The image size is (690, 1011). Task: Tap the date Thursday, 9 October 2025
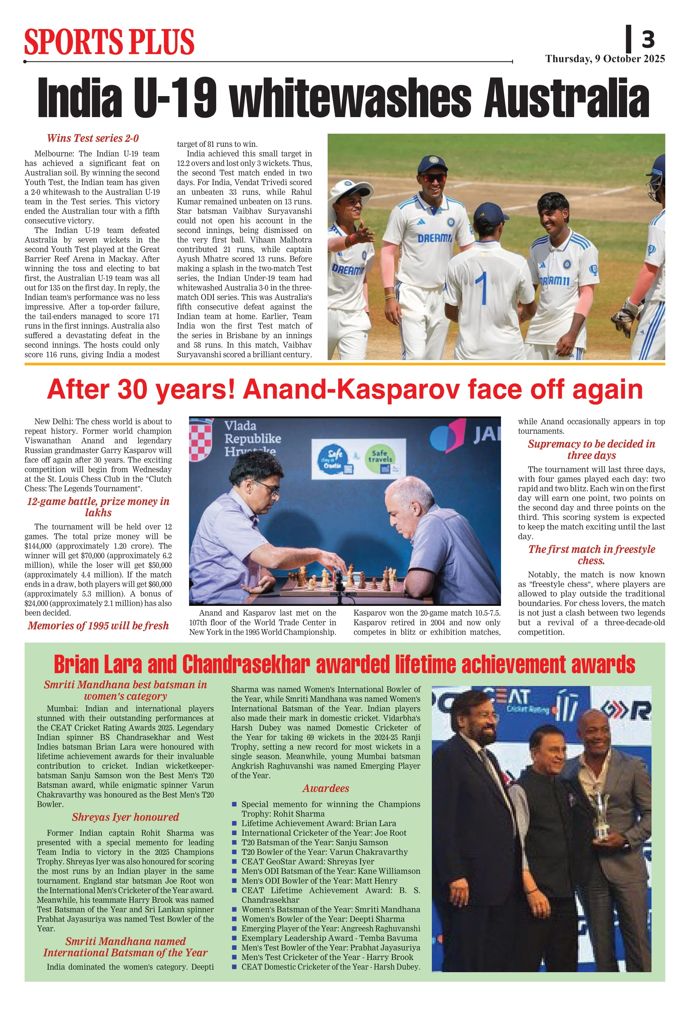pyautogui.click(x=605, y=59)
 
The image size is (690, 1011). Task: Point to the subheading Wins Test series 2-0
pyautogui.click(x=93, y=138)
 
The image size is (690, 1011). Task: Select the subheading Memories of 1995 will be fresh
pyautogui.click(x=98, y=626)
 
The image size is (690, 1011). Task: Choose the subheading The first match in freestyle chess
pyautogui.click(x=591, y=555)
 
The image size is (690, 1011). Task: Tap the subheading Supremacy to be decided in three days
pyautogui.click(x=591, y=449)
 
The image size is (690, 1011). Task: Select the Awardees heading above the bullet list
pyautogui.click(x=326, y=788)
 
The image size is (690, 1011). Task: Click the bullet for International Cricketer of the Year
pyautogui.click(x=234, y=833)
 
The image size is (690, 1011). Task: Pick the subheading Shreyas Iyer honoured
pyautogui.click(x=125, y=817)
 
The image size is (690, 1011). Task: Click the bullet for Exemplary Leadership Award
pyautogui.click(x=234, y=938)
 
